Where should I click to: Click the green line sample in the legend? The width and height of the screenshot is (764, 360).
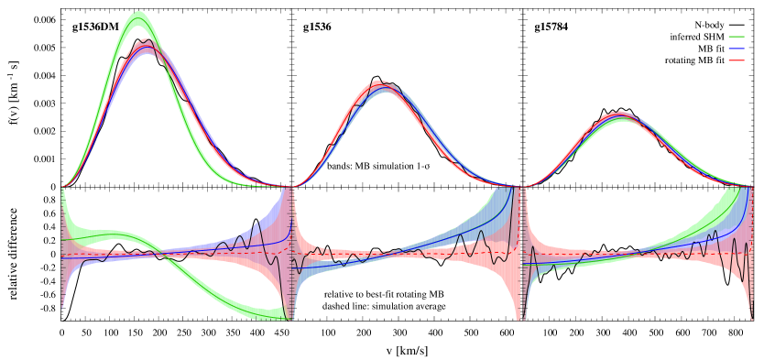(736, 37)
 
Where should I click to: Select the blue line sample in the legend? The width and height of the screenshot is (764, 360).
(736, 49)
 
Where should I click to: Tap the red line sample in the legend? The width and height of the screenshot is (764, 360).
(736, 60)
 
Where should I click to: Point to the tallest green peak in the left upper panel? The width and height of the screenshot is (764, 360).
(138, 14)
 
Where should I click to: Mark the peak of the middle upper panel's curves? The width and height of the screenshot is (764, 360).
(383, 84)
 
